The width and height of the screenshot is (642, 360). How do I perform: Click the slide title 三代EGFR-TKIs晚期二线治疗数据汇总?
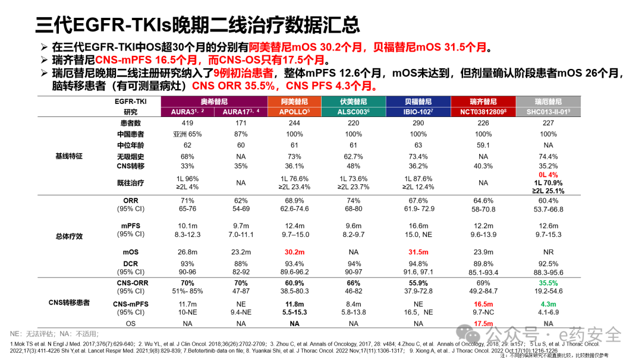click(x=197, y=24)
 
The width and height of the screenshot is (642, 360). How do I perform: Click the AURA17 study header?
click(x=240, y=112)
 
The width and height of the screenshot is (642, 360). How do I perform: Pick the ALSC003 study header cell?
click(x=353, y=112)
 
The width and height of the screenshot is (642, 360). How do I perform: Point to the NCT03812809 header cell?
click(x=483, y=112)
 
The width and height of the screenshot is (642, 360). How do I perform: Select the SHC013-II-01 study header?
click(x=547, y=112)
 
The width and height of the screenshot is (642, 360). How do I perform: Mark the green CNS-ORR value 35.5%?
click(x=547, y=283)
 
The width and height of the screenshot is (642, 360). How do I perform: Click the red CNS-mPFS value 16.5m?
click(x=483, y=304)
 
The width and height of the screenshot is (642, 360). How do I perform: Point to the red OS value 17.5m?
click(x=483, y=323)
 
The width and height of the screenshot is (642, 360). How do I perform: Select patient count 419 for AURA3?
click(x=184, y=123)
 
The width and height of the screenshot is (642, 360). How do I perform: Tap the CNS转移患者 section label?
click(x=70, y=302)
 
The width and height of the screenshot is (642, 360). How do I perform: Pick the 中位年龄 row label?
click(x=131, y=144)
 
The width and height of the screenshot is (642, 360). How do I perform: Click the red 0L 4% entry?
click(x=547, y=175)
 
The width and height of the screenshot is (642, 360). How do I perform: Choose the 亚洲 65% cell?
click(x=184, y=134)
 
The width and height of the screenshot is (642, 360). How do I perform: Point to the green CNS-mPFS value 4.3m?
click(x=547, y=304)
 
